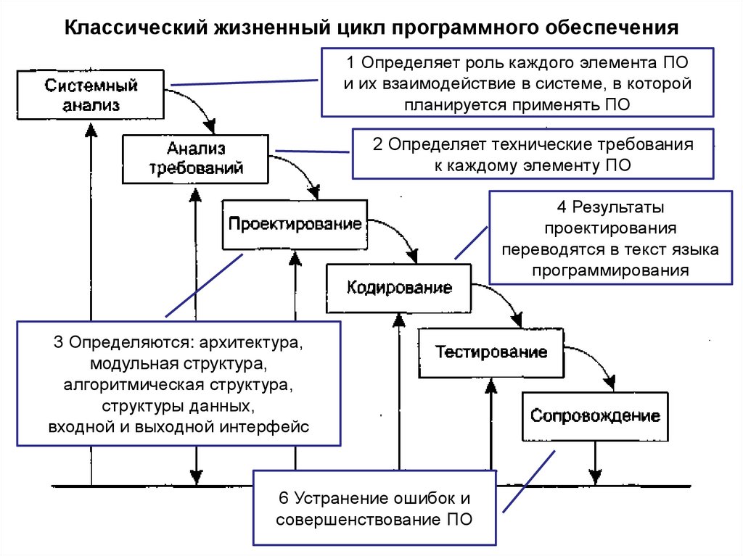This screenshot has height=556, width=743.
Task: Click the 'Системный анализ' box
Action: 91,95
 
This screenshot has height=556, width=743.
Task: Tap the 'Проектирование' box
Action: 295,224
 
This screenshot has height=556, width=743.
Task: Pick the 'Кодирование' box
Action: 399,288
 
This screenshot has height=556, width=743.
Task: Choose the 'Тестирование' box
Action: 491,352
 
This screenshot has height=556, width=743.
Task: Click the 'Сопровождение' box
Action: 595,416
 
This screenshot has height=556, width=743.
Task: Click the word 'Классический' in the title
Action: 134,28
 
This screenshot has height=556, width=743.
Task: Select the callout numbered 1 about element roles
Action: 517,82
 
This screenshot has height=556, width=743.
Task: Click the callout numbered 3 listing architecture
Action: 179,383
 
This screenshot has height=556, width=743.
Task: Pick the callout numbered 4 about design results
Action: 609,238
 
